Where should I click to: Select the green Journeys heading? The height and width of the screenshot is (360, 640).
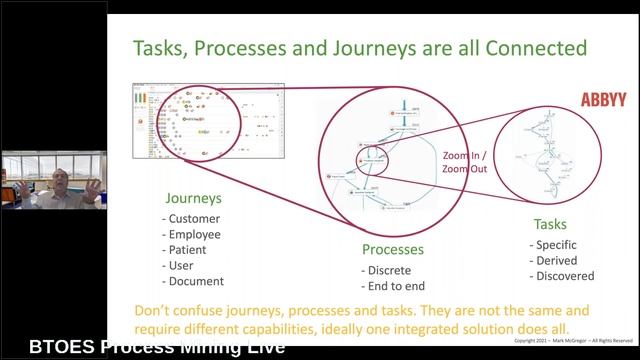point(194,198)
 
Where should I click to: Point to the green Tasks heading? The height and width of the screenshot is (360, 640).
point(549,224)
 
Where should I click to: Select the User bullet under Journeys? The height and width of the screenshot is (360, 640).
point(181,266)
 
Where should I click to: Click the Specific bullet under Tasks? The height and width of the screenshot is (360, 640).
point(555,244)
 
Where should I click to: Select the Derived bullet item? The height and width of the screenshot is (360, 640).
point(554,260)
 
